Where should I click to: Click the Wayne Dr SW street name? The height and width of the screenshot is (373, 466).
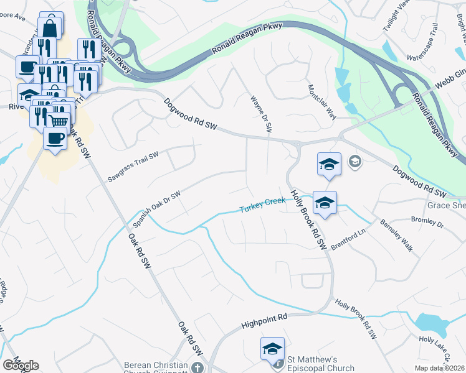[x=262, y=114]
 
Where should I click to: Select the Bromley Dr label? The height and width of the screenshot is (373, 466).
[x=427, y=221]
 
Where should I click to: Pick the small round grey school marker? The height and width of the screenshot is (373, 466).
[x=354, y=162]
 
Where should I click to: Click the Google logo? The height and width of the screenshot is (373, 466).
[x=21, y=366]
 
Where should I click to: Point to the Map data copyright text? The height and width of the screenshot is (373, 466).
[x=439, y=368]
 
